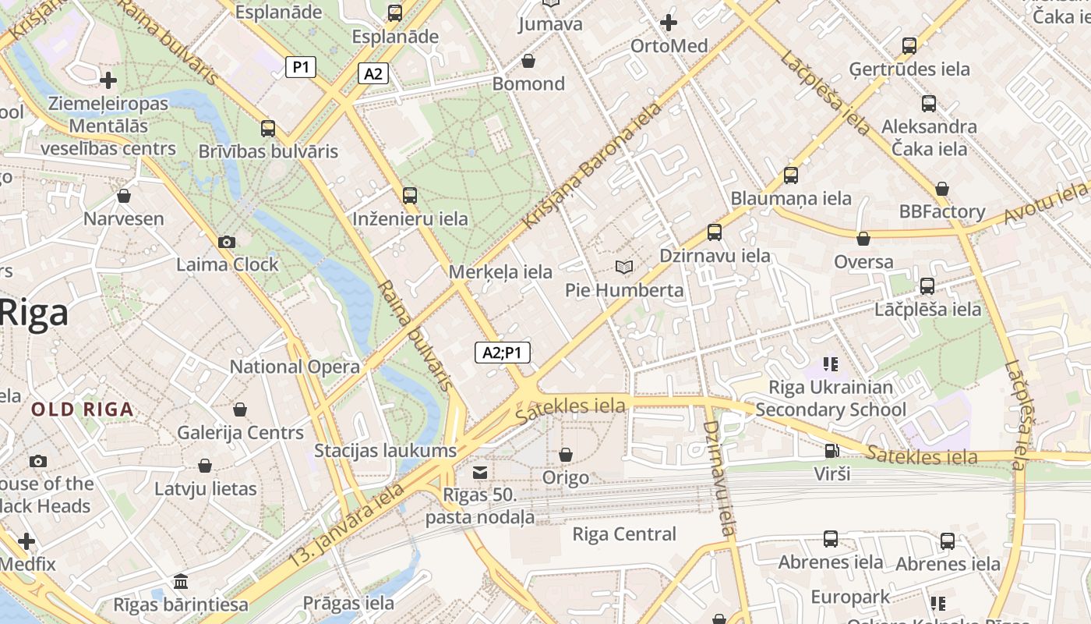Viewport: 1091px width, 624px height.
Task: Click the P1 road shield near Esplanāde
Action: pos(301,67)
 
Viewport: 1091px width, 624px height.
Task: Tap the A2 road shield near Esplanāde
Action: pos(373,74)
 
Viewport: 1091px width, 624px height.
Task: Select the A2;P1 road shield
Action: pos(503,353)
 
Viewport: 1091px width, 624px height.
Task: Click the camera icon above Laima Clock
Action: pos(227,243)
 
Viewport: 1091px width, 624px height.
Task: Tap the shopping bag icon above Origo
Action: pos(566,455)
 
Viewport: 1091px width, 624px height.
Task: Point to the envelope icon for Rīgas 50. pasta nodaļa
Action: pos(480,472)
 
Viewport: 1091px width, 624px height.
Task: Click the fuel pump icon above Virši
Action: pos(831,451)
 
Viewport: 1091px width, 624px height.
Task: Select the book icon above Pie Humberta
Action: pos(623,268)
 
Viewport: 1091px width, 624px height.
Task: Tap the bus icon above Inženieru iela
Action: pos(410,196)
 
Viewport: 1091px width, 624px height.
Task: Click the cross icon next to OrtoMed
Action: pos(668,23)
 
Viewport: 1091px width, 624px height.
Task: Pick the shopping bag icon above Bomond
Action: pos(528,61)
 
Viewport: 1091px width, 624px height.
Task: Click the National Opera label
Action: pos(295,367)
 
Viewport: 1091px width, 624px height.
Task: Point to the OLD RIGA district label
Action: pos(82,409)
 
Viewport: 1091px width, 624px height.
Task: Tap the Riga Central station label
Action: pos(624,534)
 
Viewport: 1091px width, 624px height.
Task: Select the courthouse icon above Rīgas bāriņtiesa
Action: pos(181,582)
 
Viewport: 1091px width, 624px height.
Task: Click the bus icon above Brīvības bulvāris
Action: pos(268,129)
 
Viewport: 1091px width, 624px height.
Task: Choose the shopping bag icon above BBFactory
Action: pos(942,189)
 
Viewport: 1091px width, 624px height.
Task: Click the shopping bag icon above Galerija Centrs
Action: pos(240,409)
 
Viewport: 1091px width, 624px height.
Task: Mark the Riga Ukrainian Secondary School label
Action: pos(831,399)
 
